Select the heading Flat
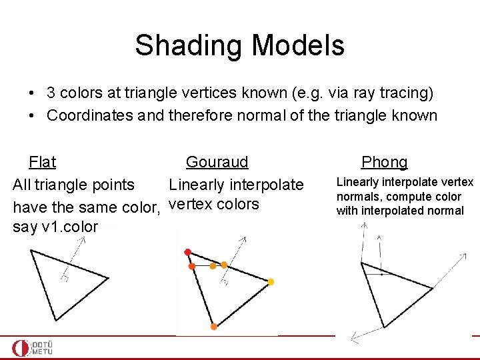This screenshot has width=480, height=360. click(x=42, y=162)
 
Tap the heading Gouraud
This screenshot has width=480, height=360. click(x=217, y=162)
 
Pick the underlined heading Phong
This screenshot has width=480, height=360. click(x=384, y=162)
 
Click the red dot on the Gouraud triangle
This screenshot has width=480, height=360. click(x=188, y=252)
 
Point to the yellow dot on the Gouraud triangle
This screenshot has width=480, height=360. click(x=271, y=282)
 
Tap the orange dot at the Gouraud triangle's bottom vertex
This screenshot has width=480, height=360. click(x=213, y=327)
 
